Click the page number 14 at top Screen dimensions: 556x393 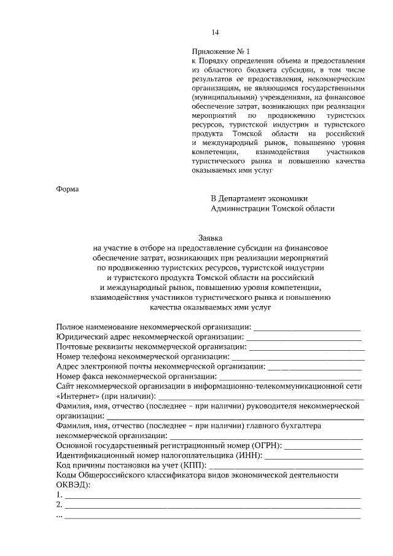click(215, 33)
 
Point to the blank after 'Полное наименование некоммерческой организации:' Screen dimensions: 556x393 click(307, 327)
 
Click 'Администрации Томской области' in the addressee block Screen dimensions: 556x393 click(273, 208)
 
